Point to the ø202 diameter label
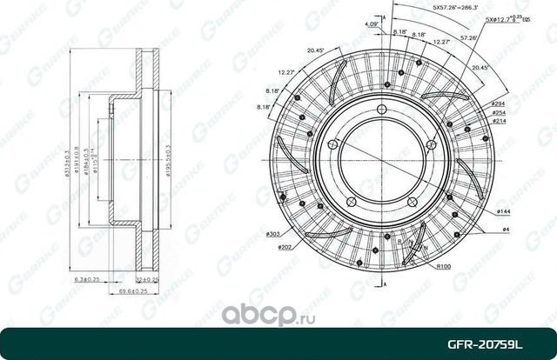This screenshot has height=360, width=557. point(285,247)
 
